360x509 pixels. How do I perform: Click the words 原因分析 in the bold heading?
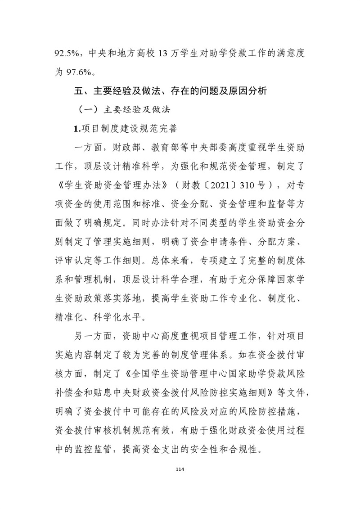[250, 91]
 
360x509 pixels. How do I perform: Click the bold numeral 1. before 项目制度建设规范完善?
[77, 128]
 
